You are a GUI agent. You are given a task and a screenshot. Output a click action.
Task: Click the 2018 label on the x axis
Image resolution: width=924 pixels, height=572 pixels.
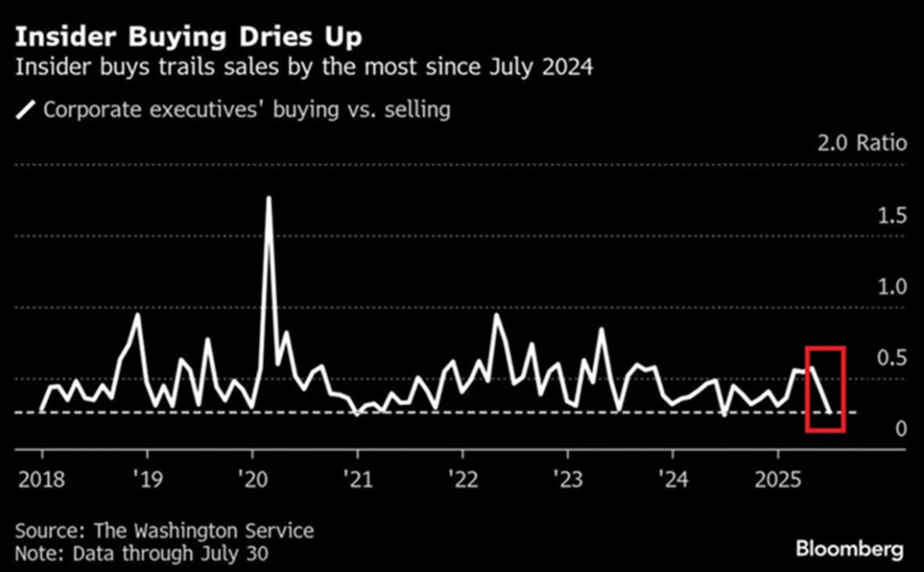pyautogui.click(x=38, y=475)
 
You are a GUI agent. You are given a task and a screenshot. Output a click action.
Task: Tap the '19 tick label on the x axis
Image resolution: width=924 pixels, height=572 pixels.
pyautogui.click(x=145, y=475)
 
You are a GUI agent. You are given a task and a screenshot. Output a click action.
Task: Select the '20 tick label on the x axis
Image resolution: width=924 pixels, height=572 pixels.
pyautogui.click(x=252, y=475)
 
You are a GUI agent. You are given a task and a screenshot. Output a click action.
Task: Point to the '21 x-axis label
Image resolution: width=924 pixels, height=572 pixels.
pyautogui.click(x=357, y=475)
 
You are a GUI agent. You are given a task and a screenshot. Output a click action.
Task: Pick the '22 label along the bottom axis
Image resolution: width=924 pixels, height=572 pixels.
pyautogui.click(x=463, y=475)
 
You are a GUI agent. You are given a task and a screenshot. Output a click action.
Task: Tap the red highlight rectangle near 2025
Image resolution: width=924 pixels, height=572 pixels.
pyautogui.click(x=824, y=389)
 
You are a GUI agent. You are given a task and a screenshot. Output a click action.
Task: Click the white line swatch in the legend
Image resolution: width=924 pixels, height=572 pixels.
pyautogui.click(x=26, y=110)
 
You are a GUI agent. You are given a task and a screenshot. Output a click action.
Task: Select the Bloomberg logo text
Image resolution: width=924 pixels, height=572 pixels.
pyautogui.click(x=848, y=548)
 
